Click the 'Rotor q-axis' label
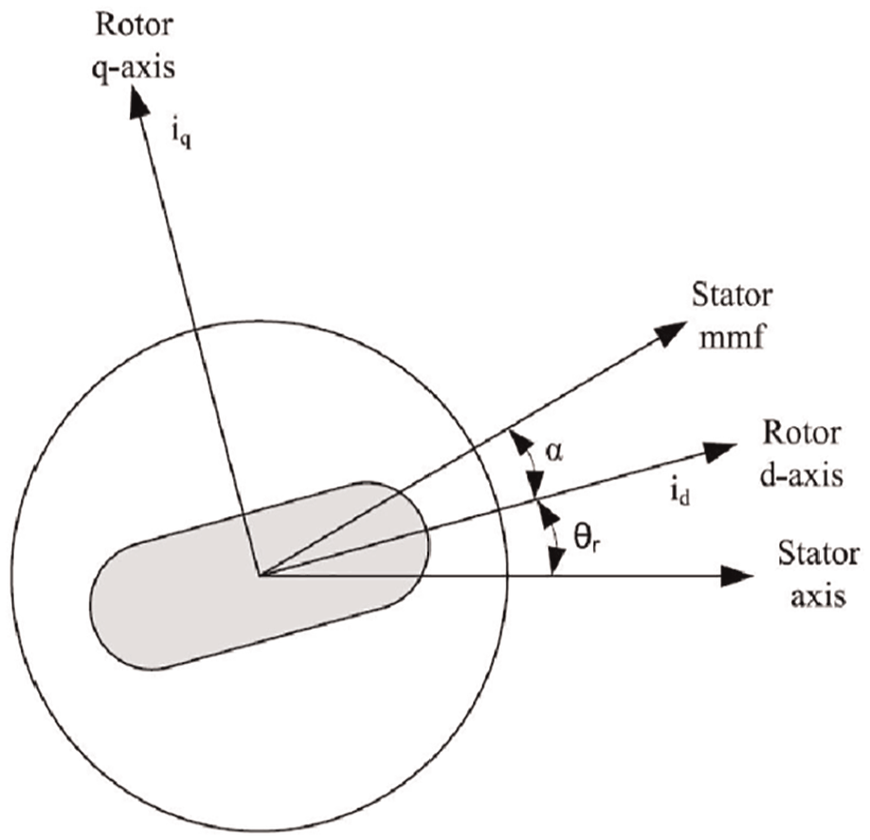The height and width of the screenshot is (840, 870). click(x=135, y=46)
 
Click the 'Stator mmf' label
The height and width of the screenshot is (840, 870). click(x=732, y=316)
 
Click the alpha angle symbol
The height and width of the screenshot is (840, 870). click(x=553, y=452)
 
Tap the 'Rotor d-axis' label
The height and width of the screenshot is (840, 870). click(x=802, y=455)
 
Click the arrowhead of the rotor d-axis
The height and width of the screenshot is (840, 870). click(x=719, y=452)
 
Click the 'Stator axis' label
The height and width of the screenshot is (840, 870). click(x=819, y=575)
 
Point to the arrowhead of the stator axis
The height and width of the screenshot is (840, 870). click(x=736, y=576)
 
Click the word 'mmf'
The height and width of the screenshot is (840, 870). click(x=733, y=336)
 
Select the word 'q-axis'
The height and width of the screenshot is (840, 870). click(x=135, y=66)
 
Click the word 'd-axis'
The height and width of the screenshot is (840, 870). click(x=802, y=475)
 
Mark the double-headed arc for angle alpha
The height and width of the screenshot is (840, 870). click(x=532, y=465)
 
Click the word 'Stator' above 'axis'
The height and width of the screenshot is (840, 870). click(x=819, y=554)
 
